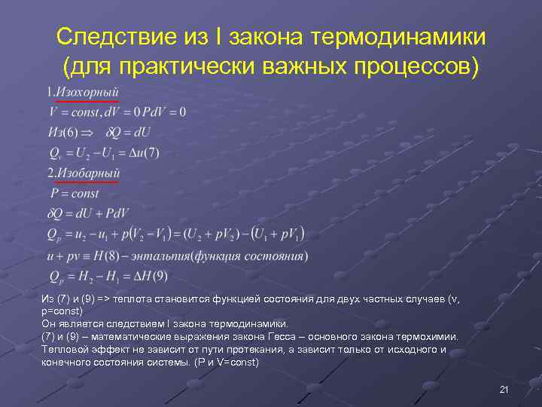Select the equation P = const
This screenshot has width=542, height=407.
tap(74, 194)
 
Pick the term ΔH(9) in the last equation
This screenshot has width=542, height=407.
tap(150, 275)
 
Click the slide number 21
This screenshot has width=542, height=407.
tap(504, 389)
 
